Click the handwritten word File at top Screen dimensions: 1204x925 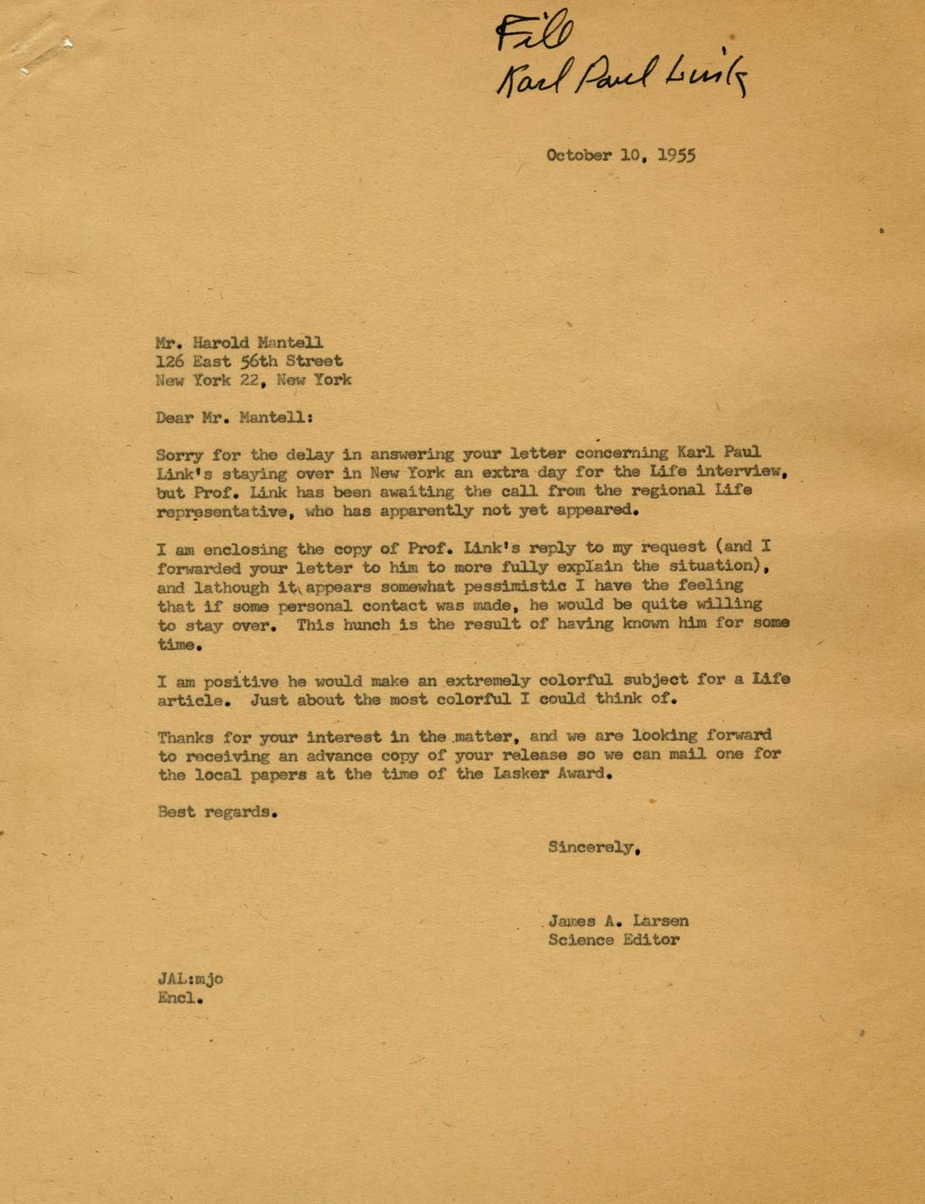pos(534,34)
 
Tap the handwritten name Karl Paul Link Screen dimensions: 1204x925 pos(622,79)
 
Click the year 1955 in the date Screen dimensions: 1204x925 pos(675,155)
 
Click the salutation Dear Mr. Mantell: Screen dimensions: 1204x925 pos(233,417)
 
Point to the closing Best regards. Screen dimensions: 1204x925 pos(217,811)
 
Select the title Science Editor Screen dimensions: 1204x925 pos(613,940)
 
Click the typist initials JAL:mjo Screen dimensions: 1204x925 pos(190,979)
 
